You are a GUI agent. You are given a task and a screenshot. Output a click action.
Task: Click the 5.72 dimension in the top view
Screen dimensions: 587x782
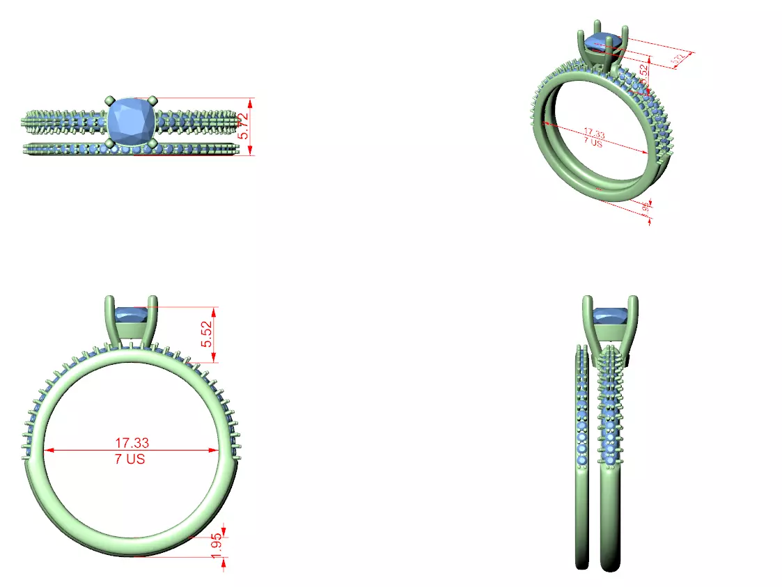[243, 125]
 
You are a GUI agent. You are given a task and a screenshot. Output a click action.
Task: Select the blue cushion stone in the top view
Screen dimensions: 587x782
[132, 123]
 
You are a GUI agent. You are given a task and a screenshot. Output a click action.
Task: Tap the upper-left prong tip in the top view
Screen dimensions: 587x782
[109, 102]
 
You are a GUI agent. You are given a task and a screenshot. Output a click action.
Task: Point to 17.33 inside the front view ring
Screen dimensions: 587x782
[132, 442]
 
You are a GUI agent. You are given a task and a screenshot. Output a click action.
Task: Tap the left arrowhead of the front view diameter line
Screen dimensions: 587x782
[49, 451]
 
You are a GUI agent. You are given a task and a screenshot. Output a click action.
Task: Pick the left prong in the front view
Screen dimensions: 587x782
[110, 320]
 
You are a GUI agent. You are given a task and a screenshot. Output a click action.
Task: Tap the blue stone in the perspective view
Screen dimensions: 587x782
[604, 42]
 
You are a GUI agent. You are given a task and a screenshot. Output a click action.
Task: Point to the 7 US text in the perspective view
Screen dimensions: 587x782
[593, 141]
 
